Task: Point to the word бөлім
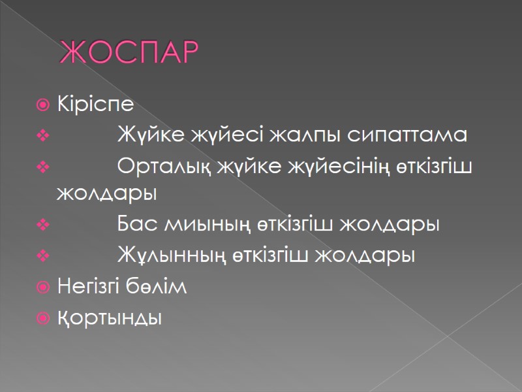coord(163,286)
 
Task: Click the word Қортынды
coord(108,319)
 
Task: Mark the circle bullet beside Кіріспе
coord(43,105)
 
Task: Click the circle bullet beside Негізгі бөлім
coord(43,287)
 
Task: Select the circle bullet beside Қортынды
coord(43,319)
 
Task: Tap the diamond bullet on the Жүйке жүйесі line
coord(43,136)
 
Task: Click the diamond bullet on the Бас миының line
coord(43,225)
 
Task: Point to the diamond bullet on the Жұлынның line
coord(43,256)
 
